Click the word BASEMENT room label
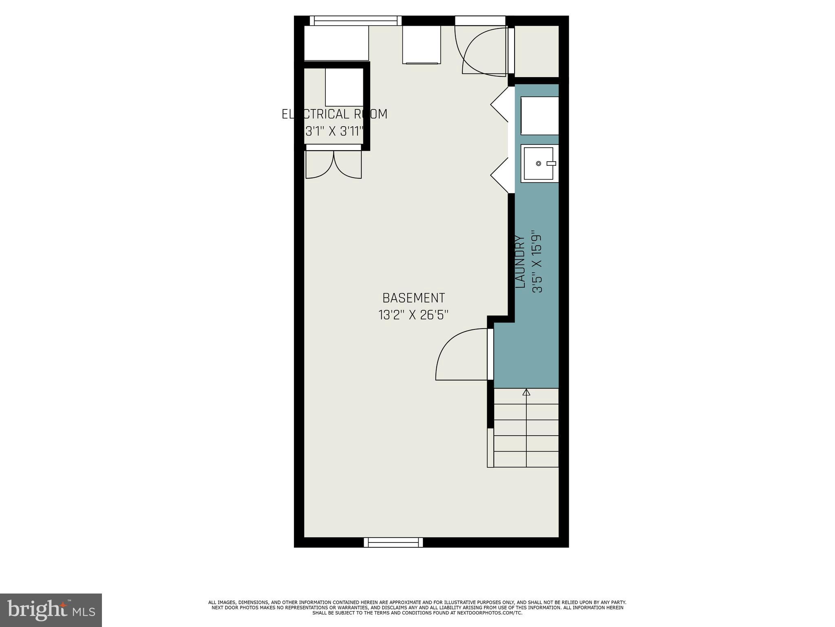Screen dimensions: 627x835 point(413,298)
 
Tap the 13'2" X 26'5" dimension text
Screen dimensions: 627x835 point(413,315)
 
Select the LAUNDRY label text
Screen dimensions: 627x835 point(520,262)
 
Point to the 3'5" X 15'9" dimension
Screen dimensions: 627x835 point(537,262)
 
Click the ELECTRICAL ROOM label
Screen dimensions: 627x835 point(334,114)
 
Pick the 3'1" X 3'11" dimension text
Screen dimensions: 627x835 point(334,131)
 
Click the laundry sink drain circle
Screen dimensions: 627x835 point(538,164)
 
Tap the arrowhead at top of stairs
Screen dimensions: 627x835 point(526,392)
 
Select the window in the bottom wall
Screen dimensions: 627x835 point(393,542)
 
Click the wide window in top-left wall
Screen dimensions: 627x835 point(353,21)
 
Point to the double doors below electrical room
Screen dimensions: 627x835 point(334,165)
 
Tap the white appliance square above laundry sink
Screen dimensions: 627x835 point(539,116)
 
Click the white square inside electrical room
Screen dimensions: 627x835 point(344,87)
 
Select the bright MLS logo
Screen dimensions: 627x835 point(51,610)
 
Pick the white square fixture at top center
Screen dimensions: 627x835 point(422,45)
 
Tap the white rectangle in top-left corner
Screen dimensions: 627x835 point(336,43)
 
